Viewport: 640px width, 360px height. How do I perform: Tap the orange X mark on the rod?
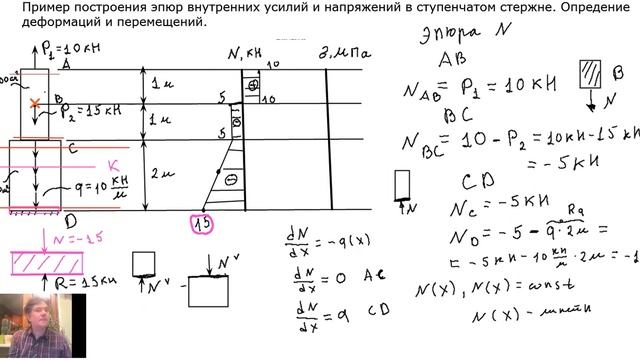[x=37, y=103]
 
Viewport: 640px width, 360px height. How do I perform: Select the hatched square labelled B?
[x=589, y=79]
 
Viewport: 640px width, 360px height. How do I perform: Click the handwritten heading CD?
[x=473, y=182]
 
